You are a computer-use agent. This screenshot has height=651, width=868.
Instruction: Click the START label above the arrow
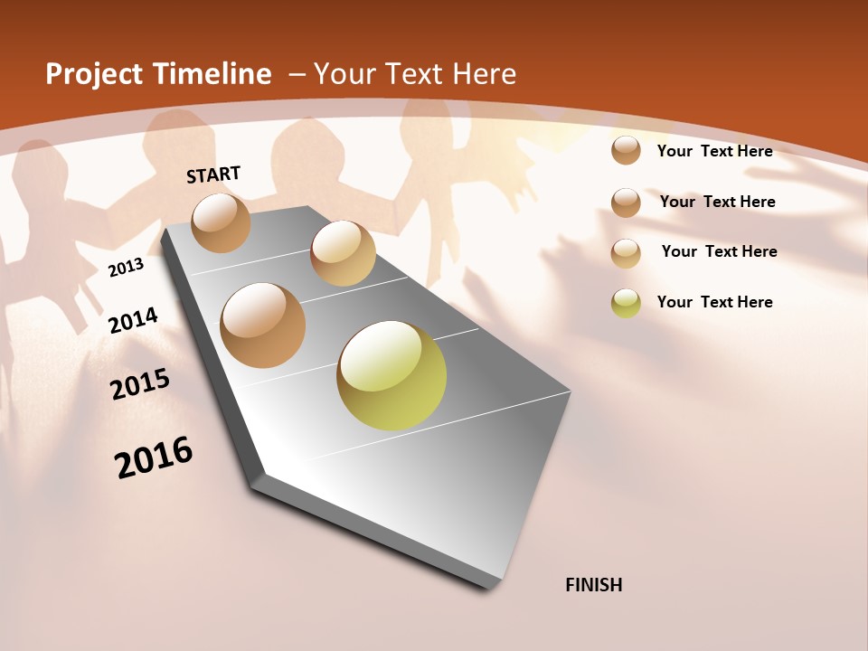[213, 175]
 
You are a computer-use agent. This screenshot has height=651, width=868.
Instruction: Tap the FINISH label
[594, 585]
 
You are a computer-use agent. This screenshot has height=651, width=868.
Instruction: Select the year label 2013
[127, 268]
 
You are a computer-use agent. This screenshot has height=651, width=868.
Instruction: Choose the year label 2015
[140, 383]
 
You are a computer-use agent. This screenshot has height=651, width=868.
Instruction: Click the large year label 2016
[154, 457]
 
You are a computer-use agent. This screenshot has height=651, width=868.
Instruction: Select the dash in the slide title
[296, 74]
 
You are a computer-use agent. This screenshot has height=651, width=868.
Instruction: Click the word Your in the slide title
[344, 74]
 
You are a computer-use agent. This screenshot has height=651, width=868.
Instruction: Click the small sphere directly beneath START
[222, 222]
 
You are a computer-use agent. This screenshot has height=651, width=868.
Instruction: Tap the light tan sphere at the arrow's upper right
[343, 253]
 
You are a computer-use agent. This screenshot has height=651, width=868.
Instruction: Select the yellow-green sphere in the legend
[626, 303]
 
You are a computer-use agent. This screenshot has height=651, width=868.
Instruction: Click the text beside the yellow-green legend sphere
[714, 302]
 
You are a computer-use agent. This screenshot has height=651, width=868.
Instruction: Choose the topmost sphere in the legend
[626, 150]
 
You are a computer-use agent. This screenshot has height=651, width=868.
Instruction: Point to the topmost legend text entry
[714, 151]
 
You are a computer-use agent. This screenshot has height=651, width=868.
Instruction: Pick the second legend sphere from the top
[626, 203]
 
